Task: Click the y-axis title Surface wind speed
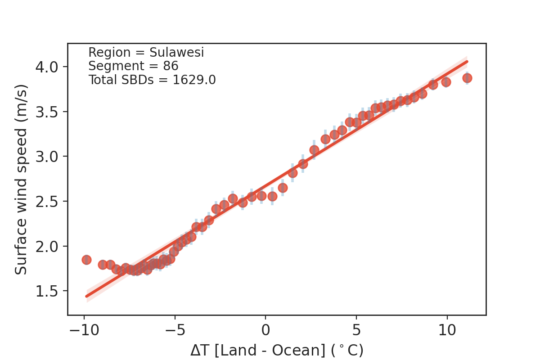click(21, 179)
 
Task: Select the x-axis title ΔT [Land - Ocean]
click(276, 350)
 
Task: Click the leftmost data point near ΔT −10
click(86, 260)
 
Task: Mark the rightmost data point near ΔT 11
click(467, 78)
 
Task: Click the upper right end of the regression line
click(467, 62)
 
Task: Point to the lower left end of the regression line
click(87, 296)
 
